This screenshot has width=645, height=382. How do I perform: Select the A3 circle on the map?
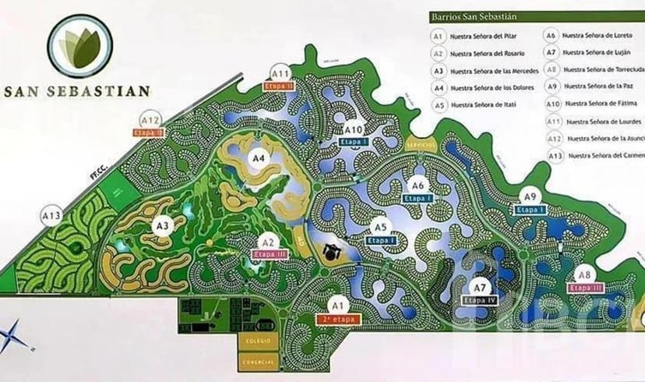[162, 226]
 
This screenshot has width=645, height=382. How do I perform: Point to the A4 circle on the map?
[259, 157]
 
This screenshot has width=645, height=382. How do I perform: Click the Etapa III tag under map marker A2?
[267, 254]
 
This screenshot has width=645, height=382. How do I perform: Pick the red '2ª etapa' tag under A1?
[337, 318]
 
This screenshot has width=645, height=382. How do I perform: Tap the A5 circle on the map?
[380, 228]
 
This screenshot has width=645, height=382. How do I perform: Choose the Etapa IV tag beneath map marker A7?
[479, 300]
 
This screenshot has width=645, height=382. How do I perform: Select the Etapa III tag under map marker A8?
[586, 287]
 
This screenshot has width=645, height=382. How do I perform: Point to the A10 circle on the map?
[354, 129]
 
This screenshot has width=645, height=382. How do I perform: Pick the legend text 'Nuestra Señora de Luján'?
[596, 52]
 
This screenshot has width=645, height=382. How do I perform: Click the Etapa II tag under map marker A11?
[278, 86]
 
